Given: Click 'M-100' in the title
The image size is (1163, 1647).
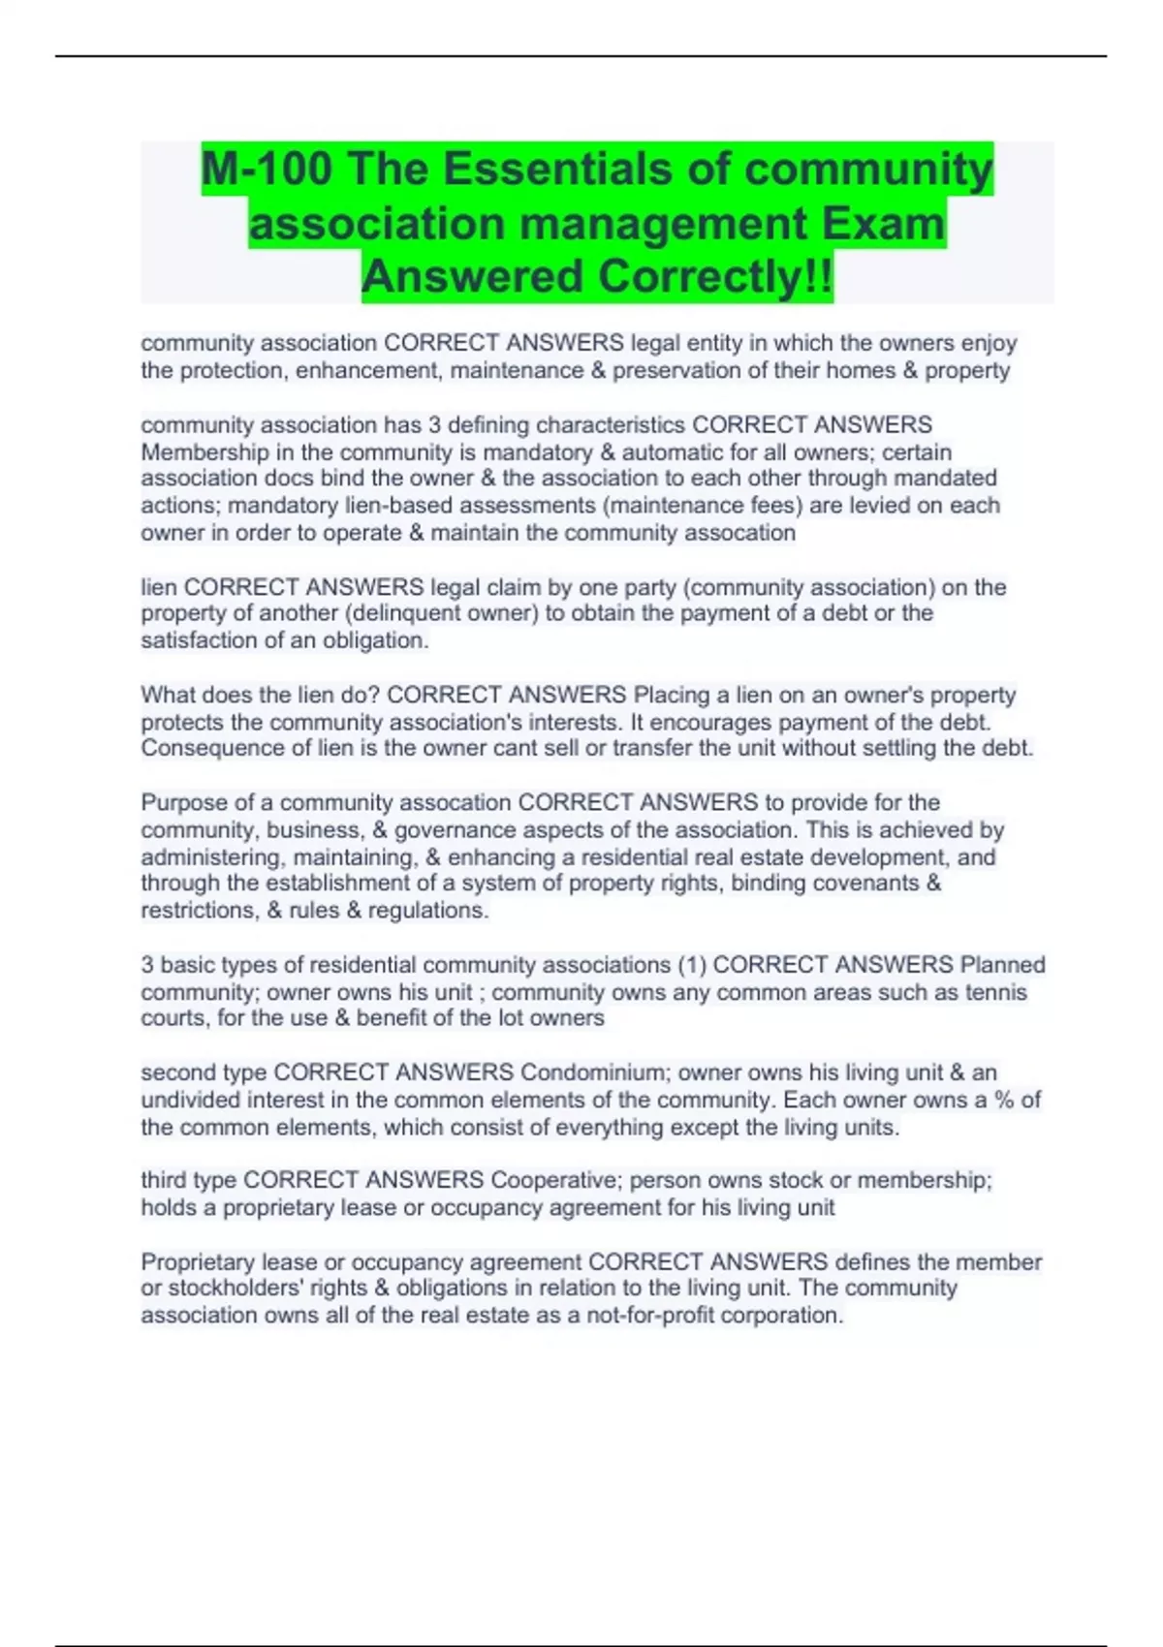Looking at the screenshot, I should [x=267, y=170].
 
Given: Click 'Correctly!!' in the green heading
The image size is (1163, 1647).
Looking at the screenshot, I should [x=715, y=277].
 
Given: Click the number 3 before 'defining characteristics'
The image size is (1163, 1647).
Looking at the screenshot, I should [x=434, y=424].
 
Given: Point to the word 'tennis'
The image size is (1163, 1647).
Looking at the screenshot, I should [x=995, y=992].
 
